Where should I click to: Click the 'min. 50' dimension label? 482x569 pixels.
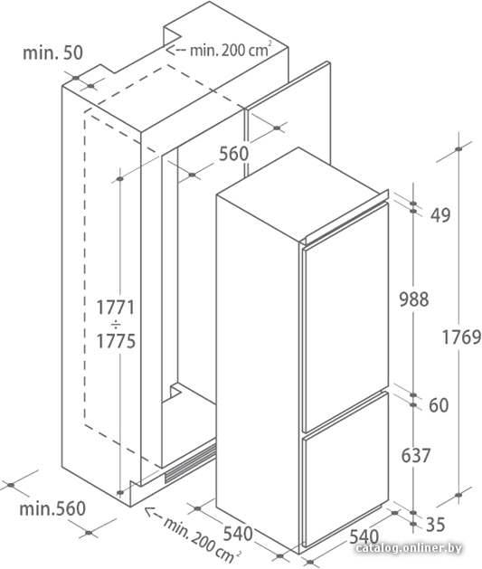(x=52, y=52)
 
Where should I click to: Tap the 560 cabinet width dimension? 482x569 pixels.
(x=234, y=154)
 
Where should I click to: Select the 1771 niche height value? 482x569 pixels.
(x=116, y=308)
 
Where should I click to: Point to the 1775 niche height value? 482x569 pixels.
(x=116, y=341)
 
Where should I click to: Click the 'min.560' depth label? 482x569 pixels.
(x=52, y=508)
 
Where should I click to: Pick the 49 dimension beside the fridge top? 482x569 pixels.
(x=440, y=214)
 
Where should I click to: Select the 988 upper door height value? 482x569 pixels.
(x=414, y=299)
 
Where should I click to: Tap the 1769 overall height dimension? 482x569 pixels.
(x=461, y=337)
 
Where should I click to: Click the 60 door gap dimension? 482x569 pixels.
(x=439, y=405)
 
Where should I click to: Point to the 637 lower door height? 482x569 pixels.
(x=416, y=455)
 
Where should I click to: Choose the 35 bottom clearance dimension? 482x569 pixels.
(x=435, y=525)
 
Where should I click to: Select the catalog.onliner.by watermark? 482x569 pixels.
(x=409, y=548)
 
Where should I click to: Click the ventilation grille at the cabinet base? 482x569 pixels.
(x=190, y=464)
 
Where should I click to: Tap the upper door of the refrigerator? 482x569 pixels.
(x=345, y=317)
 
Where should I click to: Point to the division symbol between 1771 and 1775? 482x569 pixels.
(x=116, y=324)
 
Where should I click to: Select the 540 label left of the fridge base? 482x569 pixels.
(x=238, y=534)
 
